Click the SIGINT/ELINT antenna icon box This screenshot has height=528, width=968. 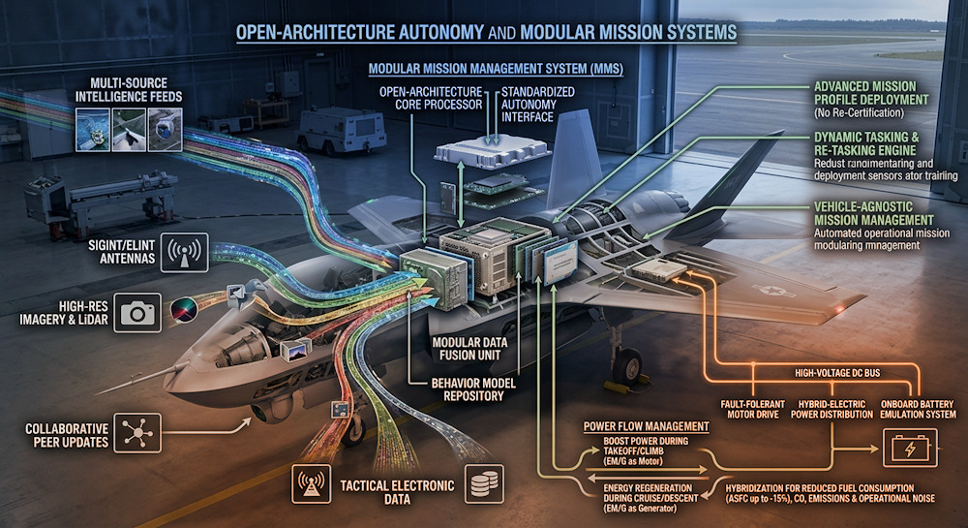(184, 252)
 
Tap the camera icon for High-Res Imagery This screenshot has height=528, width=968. (137, 313)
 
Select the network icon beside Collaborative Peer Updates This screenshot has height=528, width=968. (137, 433)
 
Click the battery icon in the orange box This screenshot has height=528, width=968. (910, 448)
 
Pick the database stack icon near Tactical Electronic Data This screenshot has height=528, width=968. (484, 483)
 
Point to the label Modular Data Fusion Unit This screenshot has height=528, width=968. (469, 349)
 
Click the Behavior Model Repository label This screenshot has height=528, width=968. (473, 389)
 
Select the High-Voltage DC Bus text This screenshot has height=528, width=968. (837, 373)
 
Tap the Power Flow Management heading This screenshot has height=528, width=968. (647, 426)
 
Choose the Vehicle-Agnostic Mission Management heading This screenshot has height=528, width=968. (873, 214)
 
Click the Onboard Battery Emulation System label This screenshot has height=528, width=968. (918, 410)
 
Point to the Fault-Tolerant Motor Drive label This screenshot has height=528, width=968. (752, 410)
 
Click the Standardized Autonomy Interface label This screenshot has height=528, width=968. (537, 105)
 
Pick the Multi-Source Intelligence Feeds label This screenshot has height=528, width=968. (129, 90)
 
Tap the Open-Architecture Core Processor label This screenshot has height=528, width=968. (431, 98)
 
